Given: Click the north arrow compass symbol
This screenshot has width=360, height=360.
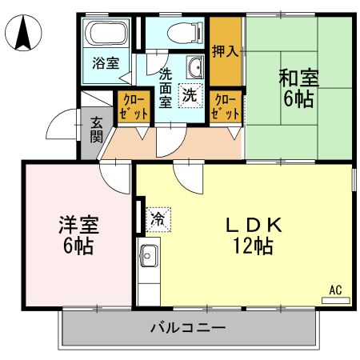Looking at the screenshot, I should pyautogui.click(x=23, y=33).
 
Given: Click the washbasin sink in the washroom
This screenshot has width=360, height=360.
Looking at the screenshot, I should pyautogui.click(x=194, y=66).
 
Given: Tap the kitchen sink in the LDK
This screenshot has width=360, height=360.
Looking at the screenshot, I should pyautogui.click(x=147, y=258).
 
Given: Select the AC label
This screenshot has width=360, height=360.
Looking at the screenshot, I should pyautogui.click(x=335, y=289).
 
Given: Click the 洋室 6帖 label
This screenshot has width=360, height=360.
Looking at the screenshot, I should pyautogui.click(x=77, y=235).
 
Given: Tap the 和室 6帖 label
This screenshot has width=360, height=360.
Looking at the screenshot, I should pyautogui.click(x=298, y=89).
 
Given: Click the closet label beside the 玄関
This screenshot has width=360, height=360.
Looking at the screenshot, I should pyautogui.click(x=134, y=106).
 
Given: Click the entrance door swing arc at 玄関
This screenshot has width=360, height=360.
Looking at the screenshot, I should pyautogui.click(x=64, y=124).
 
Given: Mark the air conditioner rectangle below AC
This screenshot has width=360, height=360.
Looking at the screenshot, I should pyautogui.click(x=335, y=301).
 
